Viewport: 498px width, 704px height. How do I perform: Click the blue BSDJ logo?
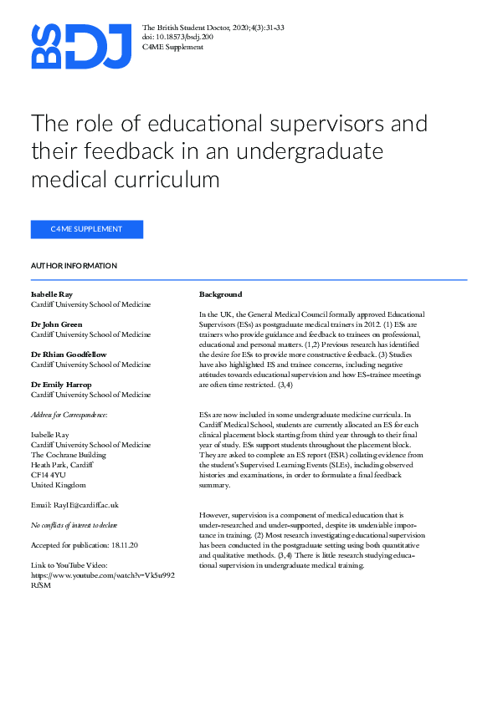(82, 46)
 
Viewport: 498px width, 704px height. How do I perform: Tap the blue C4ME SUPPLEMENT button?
(87, 229)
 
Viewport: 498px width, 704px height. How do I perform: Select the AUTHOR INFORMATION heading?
(74, 266)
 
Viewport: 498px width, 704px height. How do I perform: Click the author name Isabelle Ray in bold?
(52, 294)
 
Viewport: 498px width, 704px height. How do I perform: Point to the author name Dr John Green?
(57, 324)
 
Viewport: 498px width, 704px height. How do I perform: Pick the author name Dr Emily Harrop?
(60, 384)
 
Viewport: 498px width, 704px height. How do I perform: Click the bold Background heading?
(220, 294)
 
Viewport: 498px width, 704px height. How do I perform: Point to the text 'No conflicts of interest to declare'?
(74, 525)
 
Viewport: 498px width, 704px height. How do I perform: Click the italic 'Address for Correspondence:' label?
(69, 415)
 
